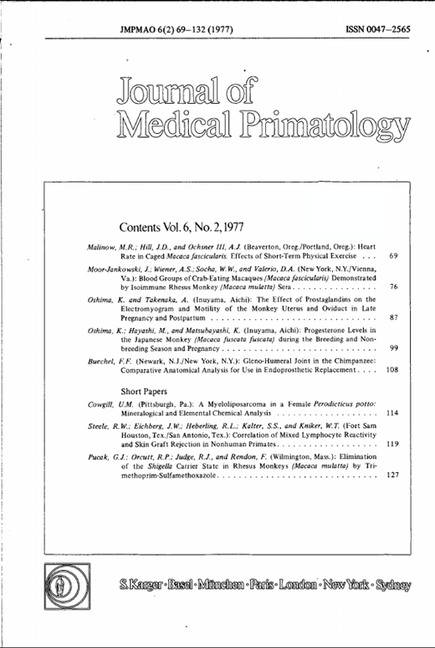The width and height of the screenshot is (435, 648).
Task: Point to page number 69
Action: [x=392, y=255]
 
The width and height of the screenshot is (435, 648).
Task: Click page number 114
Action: [x=391, y=414]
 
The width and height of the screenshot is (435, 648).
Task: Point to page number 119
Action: [x=391, y=445]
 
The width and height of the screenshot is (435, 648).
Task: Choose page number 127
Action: [x=391, y=476]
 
